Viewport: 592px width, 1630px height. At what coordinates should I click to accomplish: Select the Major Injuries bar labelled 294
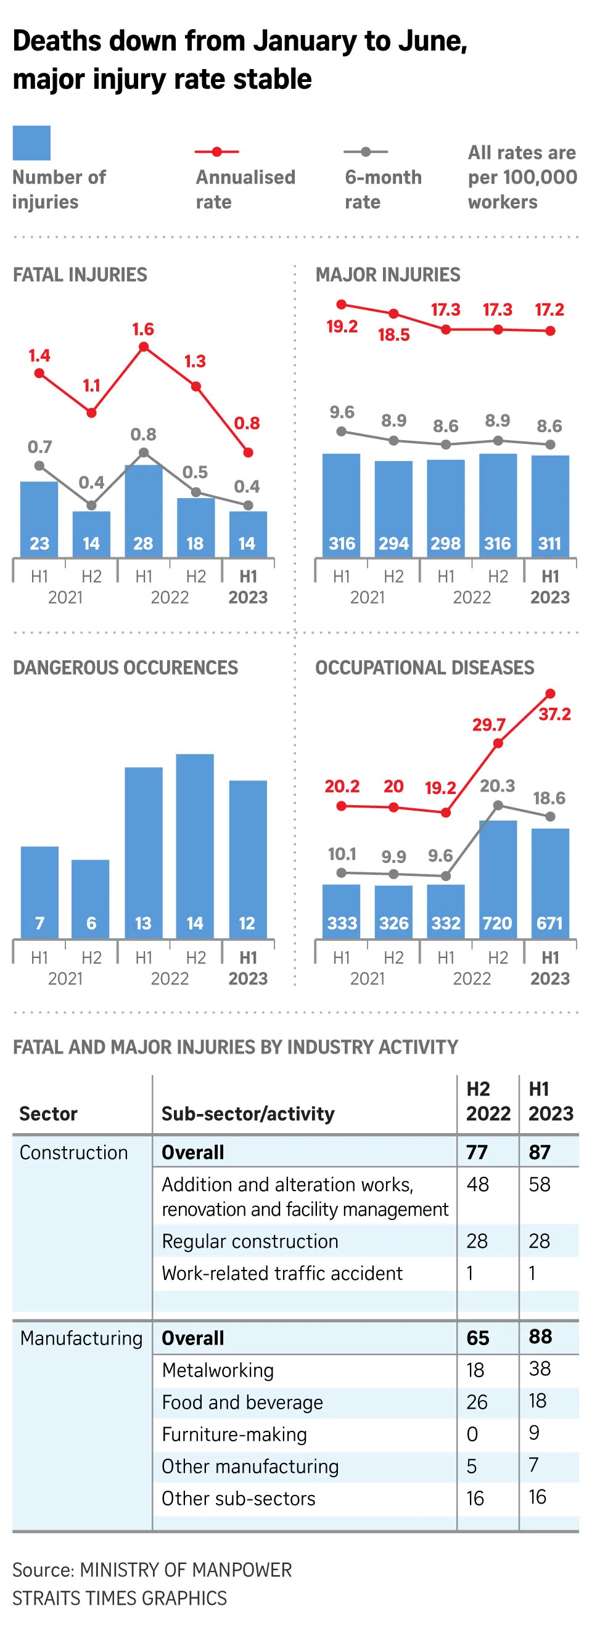coord(393,509)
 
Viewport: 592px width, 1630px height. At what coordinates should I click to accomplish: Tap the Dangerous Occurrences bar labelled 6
coord(91,898)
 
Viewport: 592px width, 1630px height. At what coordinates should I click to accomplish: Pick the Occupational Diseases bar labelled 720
coord(498,879)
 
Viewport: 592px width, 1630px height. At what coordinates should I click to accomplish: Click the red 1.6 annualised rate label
coord(143,329)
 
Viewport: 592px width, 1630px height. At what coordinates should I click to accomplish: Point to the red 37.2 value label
coord(554,715)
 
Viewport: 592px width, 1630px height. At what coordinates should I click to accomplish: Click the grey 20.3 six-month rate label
coord(497,786)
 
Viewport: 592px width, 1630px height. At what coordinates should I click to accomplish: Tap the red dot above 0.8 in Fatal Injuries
coord(248,453)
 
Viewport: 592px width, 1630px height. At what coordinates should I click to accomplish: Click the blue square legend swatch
coord(31,143)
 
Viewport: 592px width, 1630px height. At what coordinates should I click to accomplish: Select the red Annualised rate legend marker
coord(216,152)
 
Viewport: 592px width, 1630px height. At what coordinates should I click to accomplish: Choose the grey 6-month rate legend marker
coord(365,152)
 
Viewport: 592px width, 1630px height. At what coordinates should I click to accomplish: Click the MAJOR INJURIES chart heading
coord(387,274)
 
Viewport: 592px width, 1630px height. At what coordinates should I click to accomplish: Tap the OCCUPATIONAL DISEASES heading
coord(424,668)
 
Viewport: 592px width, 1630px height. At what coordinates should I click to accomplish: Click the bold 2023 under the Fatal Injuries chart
coord(247,597)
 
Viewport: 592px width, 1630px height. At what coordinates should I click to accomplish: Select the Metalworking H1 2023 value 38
coord(539,1369)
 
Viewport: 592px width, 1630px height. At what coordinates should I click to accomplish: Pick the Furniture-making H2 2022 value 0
coord(472,1434)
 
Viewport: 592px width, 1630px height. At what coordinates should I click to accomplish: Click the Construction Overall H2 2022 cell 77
coord(477,1152)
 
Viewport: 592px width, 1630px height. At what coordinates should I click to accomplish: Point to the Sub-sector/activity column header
coord(247,1113)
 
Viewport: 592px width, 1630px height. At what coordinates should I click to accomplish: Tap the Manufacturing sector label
coord(81,1338)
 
